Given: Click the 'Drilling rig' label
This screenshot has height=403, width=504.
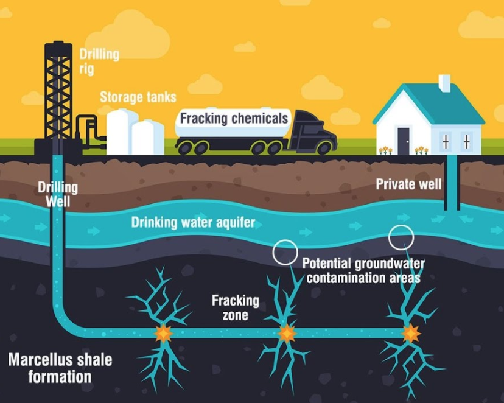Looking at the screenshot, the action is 99,61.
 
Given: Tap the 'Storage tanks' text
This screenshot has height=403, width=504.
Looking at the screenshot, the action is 138,97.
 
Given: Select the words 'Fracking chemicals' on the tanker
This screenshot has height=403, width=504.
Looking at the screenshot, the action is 234,118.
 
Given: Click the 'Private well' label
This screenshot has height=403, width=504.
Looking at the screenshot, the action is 408,184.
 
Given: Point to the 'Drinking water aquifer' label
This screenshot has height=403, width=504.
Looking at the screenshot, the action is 193,222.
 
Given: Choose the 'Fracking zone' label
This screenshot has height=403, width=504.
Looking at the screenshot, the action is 236,307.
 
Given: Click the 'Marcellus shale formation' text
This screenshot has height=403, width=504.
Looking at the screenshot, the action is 60,368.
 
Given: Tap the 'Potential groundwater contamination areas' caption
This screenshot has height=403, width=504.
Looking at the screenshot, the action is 363,271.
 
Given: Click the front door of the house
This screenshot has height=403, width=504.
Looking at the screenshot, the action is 404,141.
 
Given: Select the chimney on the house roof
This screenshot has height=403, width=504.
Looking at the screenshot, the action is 444,83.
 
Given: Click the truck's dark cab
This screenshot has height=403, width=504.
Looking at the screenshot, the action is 313,131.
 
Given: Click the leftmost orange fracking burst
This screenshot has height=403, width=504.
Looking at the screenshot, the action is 164,334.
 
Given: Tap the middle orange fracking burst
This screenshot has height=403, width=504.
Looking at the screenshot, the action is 287,333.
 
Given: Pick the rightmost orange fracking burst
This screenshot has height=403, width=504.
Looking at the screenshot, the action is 410,333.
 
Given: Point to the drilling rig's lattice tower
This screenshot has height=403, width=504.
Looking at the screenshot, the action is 58,90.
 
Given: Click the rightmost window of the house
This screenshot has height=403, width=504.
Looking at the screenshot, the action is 466,142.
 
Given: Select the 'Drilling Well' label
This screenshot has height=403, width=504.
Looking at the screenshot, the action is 58,194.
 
